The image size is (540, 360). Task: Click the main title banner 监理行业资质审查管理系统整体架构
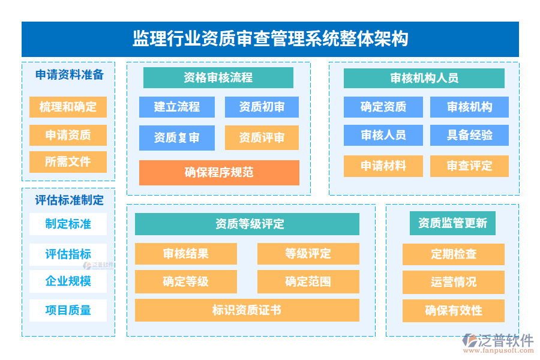point(270,39)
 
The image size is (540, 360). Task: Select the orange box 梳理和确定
point(68,107)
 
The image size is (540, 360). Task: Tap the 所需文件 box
point(68,161)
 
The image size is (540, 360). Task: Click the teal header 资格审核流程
point(218,77)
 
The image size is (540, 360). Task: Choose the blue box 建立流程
point(177,107)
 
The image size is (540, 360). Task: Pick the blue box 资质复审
point(177,137)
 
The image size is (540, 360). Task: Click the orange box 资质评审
point(262,137)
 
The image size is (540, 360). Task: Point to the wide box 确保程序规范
point(219,172)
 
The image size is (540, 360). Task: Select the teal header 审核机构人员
point(424,78)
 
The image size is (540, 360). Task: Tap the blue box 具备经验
point(469,135)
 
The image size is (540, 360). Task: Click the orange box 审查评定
point(469,166)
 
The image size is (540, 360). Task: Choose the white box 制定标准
point(68,224)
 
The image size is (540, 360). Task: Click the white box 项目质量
point(68,310)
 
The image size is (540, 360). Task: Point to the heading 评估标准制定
point(69,200)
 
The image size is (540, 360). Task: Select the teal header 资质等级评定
point(247,224)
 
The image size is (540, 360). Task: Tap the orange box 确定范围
point(308,281)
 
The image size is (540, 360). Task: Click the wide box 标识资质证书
point(247,310)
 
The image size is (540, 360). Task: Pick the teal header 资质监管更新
point(452,223)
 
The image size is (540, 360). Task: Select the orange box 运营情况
point(454,282)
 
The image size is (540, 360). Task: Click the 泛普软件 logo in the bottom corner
point(497,343)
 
